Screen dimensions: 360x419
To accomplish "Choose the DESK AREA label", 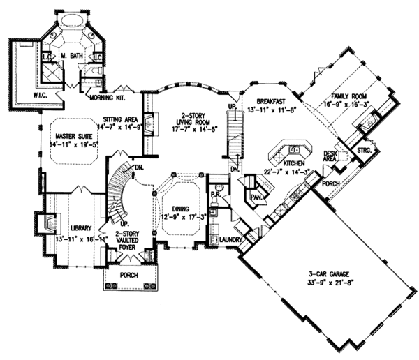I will tap(330, 156).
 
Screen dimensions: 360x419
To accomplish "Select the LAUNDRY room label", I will tap(230, 241).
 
